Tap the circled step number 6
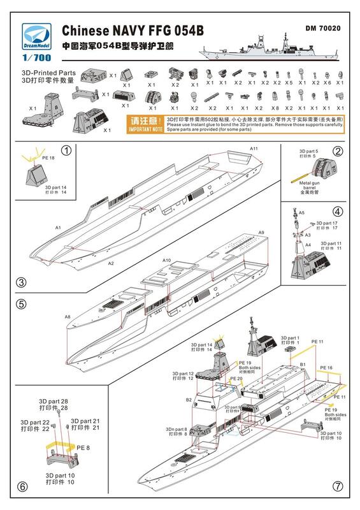[x=22, y=486]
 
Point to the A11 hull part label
[x=254, y=148]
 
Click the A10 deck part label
[x=168, y=261]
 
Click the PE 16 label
[x=326, y=368]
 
